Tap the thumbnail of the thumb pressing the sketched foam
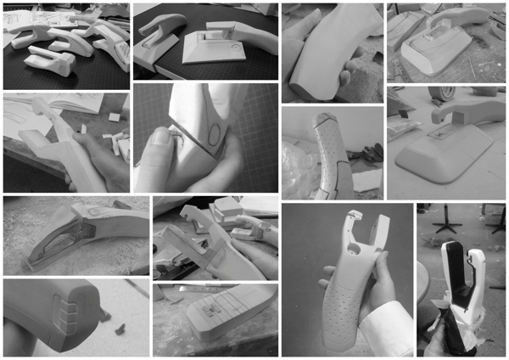click(205, 136)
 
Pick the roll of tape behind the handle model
click(444, 91)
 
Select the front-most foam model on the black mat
click(48, 59)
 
